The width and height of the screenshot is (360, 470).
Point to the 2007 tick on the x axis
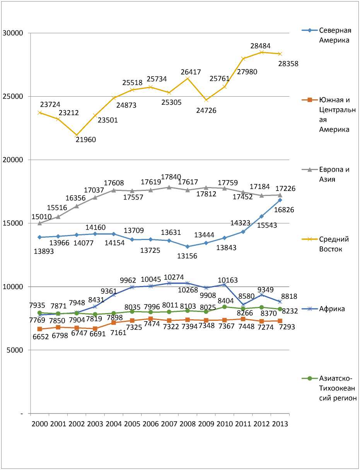169,424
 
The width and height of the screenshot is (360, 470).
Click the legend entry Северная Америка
335,35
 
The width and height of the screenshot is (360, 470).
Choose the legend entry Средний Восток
334,244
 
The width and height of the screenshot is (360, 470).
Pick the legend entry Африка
332,309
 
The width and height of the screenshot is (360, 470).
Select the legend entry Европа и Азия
334,174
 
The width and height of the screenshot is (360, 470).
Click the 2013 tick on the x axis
280,424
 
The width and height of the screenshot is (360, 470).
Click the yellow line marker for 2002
77,135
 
